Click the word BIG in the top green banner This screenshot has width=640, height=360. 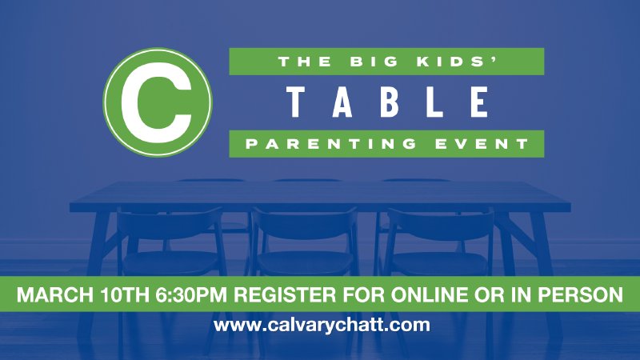[x=368, y=61]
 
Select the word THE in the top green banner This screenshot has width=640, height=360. [x=299, y=61]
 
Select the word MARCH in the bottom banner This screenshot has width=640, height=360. [x=55, y=294]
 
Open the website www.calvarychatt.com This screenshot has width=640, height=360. [x=322, y=326]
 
